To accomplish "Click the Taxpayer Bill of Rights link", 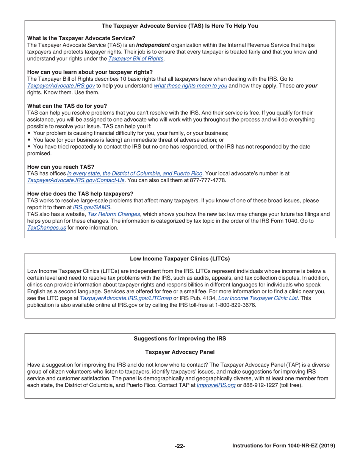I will pos(136,59).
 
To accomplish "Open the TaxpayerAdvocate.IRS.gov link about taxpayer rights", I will pos(61,86).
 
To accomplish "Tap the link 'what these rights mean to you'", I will pos(191,86).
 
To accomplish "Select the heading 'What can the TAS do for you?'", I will pos(67,106).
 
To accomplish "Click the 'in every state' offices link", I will pos(135,174).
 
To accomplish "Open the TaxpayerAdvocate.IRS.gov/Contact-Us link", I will pos(76,180).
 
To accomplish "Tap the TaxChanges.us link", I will pos(47,228).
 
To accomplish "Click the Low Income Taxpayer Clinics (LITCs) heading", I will pos(180,259).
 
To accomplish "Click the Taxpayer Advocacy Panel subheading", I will pos(180,352).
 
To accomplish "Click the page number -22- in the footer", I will pos(180,446).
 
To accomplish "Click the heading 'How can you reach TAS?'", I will pos(61,167).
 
